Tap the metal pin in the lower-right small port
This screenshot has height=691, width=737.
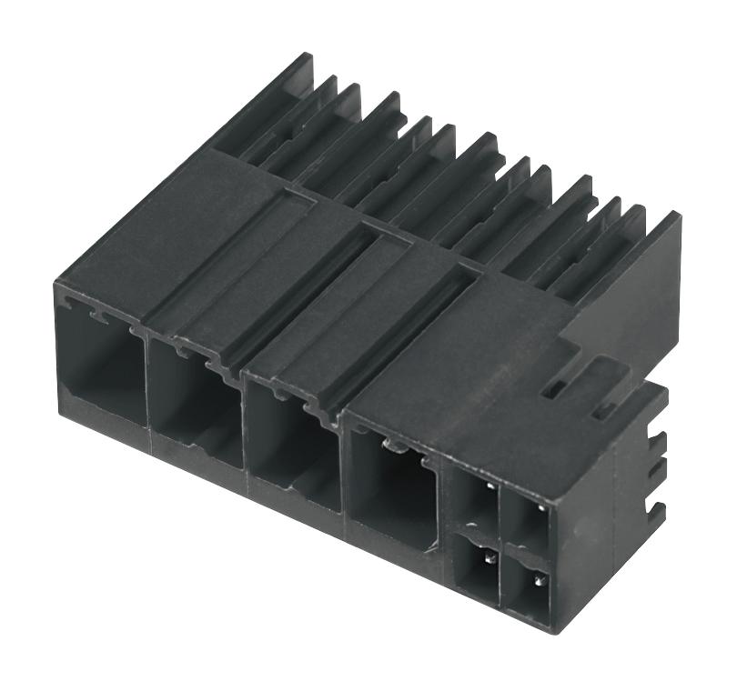pyautogui.click(x=539, y=577)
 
